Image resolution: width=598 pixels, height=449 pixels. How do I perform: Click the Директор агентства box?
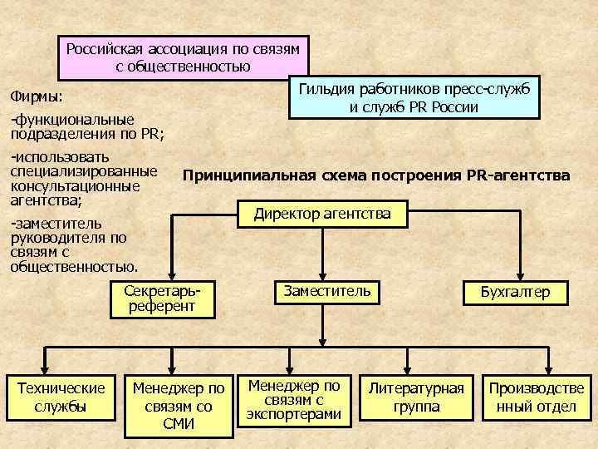click(322, 215)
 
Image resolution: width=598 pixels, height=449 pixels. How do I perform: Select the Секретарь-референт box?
click(162, 299)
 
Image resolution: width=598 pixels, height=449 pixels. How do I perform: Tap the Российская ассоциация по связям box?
click(183, 57)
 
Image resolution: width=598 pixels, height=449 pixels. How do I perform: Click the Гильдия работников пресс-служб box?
click(413, 97)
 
